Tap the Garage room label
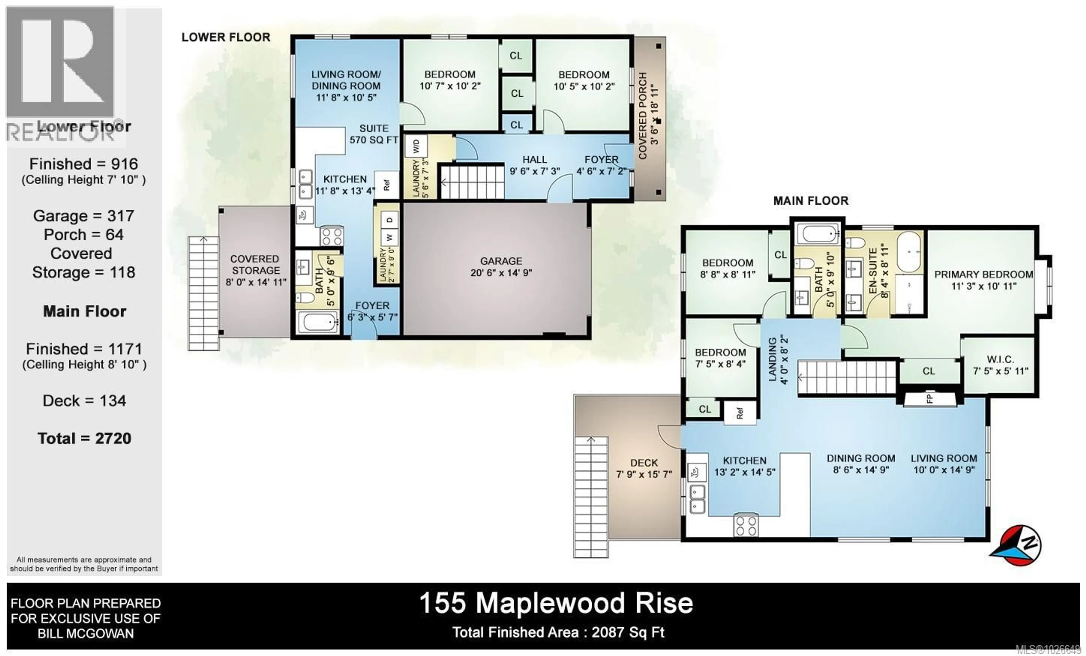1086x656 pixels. pos(501,267)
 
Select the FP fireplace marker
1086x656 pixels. pos(930,399)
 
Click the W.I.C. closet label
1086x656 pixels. pos(1000,365)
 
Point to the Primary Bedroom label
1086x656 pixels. pos(983,280)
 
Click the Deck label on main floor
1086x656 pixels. pos(644,468)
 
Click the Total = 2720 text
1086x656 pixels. pos(84,438)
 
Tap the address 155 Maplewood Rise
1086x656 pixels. pos(556,603)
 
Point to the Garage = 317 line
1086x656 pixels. pos(84,216)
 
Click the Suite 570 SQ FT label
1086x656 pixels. pos(374,134)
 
